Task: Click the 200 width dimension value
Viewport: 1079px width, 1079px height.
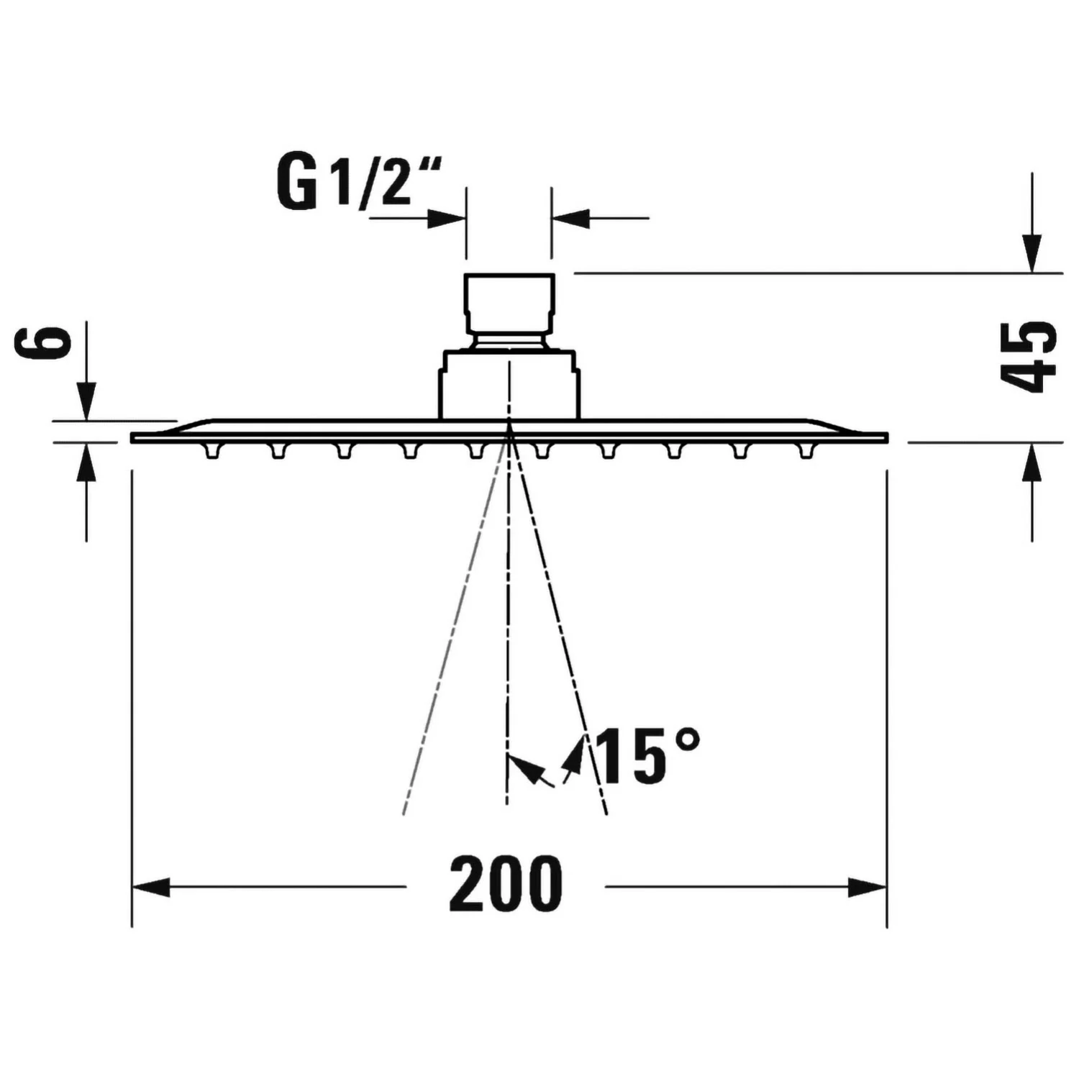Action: click(506, 884)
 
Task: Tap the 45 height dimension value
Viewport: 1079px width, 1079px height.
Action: click(1029, 357)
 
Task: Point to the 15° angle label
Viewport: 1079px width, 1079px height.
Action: click(647, 755)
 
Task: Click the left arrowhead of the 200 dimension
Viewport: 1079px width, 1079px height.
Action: click(151, 888)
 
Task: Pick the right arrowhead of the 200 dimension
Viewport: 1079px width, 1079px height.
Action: click(868, 888)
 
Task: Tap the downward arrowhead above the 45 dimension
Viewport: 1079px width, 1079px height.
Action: click(1032, 254)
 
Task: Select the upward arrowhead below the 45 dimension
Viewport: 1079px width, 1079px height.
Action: click(1032, 462)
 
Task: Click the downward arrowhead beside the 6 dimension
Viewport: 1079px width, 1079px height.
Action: click(86, 401)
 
